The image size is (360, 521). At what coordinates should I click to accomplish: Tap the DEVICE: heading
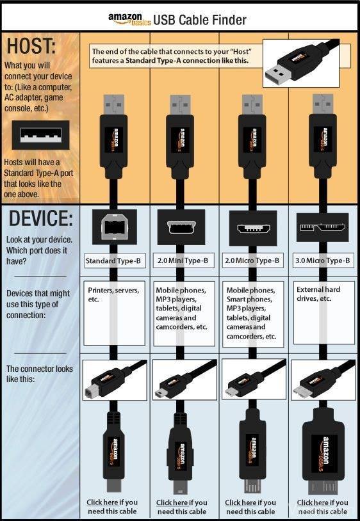[x=40, y=219]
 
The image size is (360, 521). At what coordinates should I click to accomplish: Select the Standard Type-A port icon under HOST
[x=40, y=135]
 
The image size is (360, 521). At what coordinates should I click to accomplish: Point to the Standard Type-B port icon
[x=115, y=227]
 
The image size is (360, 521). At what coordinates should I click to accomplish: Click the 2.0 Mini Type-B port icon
[x=181, y=227]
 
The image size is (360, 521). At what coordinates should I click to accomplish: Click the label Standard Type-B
[x=114, y=261]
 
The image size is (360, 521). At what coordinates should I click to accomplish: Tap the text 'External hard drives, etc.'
[x=318, y=294]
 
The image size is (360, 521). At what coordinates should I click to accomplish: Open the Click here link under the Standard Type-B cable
[x=102, y=502]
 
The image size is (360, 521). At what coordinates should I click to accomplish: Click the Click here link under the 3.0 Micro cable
[x=313, y=502]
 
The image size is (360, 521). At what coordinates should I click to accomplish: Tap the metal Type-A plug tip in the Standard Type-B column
[x=113, y=104]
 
